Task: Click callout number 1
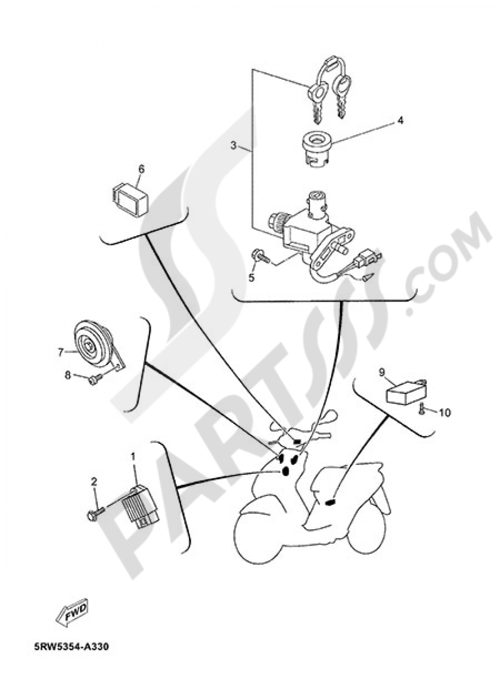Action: [x=133, y=456]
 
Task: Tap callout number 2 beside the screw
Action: [x=93, y=481]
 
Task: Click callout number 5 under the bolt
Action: [x=251, y=278]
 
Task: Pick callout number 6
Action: [x=141, y=169]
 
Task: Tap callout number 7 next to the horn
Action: [x=60, y=352]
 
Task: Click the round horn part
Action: [x=93, y=344]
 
